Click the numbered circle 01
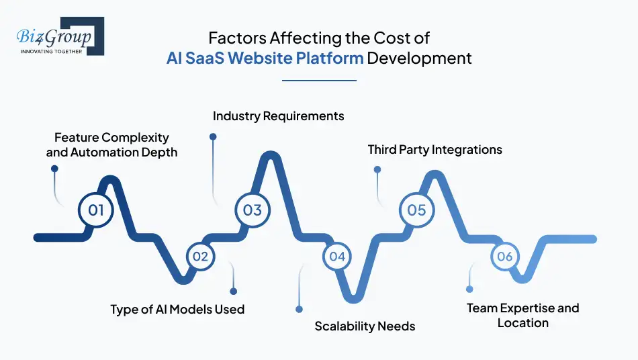[96, 210]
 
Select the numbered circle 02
[200, 256]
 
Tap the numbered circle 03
[252, 210]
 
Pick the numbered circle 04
[337, 256]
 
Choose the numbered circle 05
[416, 210]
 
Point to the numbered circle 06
[504, 256]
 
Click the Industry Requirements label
[278, 116]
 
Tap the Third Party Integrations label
[435, 150]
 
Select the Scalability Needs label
[365, 326]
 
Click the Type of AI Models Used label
[177, 310]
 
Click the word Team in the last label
[483, 308]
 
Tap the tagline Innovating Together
[52, 51]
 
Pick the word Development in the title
[419, 58]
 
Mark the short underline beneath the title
[319, 81]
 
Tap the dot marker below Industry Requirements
[213, 136]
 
